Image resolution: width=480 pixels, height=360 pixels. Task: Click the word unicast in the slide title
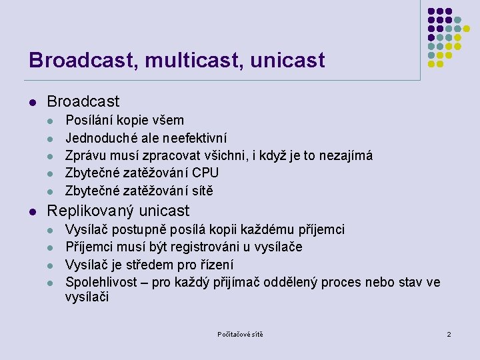(x=288, y=61)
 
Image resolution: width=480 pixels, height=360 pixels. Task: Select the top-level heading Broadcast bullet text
(x=83, y=101)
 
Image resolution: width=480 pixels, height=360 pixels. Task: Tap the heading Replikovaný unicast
(x=118, y=211)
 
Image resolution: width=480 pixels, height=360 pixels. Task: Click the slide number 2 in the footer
(x=449, y=334)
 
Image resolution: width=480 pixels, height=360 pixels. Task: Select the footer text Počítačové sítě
(x=240, y=334)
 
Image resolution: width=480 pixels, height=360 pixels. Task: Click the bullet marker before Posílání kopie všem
(x=50, y=121)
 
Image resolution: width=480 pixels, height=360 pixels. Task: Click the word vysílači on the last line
(x=87, y=297)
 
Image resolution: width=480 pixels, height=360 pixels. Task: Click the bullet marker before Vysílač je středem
(x=50, y=265)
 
